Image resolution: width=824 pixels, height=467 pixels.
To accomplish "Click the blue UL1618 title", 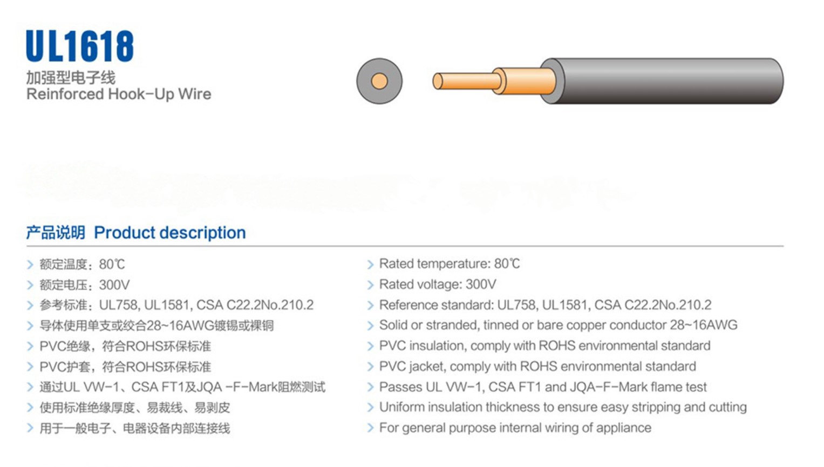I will [79, 46].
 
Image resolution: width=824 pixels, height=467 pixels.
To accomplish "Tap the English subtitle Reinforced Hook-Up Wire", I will [119, 94].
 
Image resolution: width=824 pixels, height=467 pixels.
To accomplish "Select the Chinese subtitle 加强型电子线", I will [71, 78].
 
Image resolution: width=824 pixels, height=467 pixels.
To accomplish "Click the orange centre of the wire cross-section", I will [379, 81].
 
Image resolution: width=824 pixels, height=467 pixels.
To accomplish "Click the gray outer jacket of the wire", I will [669, 81].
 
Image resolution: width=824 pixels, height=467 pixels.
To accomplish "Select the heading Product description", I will [169, 233].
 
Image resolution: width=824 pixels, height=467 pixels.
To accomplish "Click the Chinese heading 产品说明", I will [56, 233].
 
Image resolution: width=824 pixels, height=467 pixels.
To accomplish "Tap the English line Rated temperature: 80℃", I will [449, 263].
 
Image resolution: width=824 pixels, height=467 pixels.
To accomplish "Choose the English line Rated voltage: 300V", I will [437, 284].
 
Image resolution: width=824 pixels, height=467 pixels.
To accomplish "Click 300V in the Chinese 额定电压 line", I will [114, 285].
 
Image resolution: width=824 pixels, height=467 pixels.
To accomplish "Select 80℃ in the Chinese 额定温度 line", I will [112, 264].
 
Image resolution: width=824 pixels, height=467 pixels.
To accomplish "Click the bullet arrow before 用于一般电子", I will [30, 428].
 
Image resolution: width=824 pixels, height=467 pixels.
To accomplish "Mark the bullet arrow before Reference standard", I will [370, 306].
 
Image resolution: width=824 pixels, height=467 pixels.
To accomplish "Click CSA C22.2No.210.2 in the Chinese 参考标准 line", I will [255, 305].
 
